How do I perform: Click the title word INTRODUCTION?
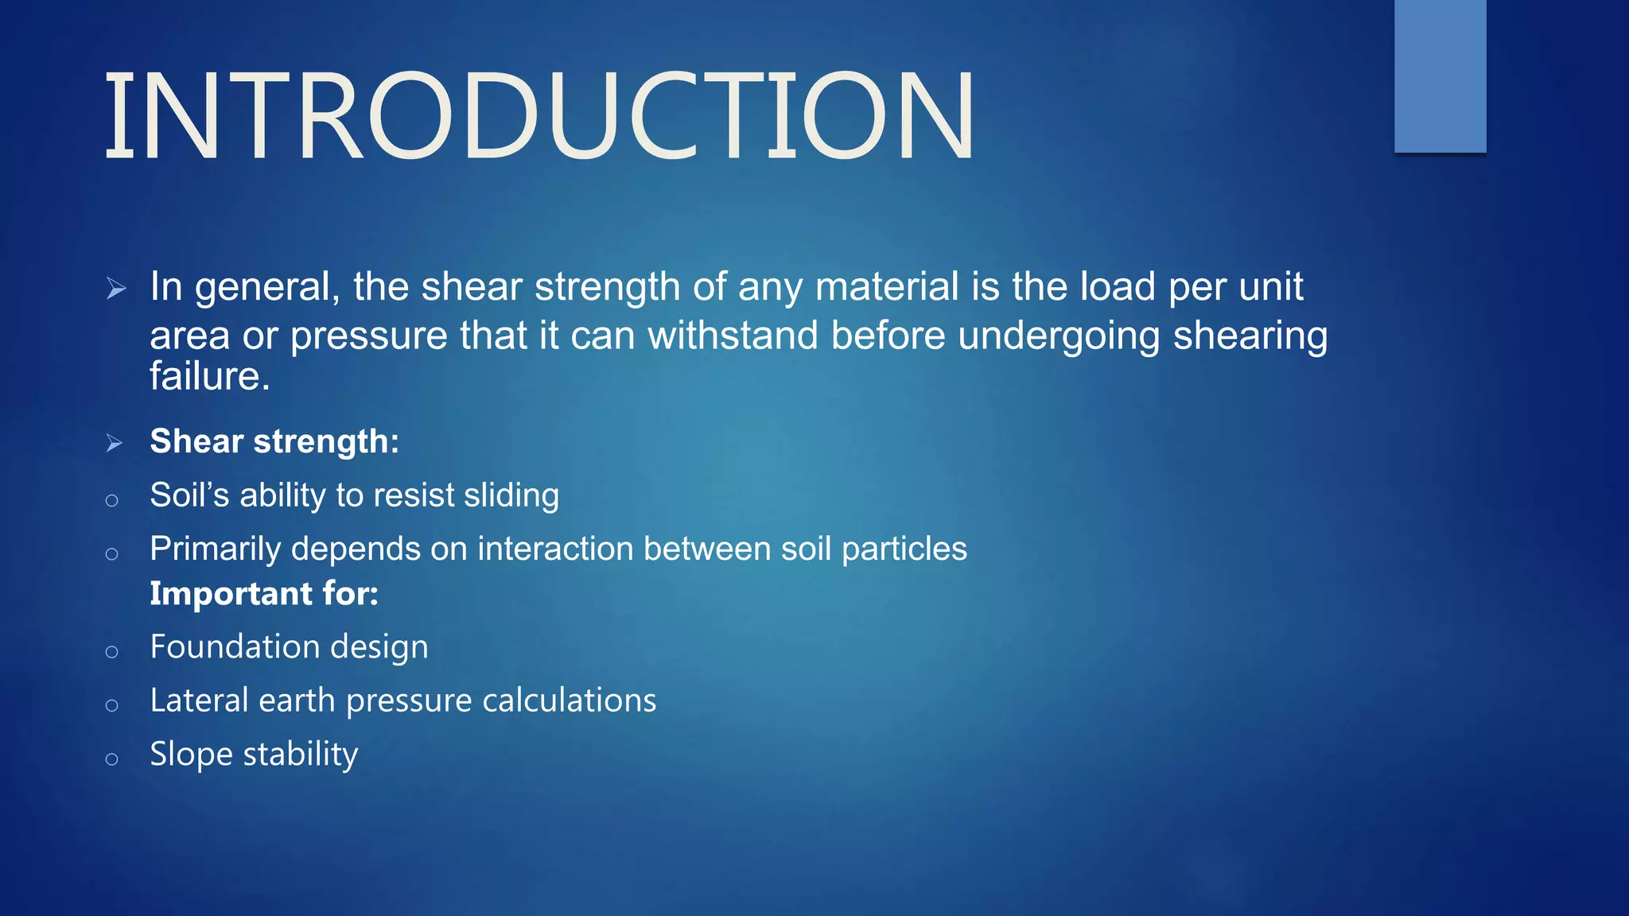[x=539, y=116]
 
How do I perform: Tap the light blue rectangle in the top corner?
[x=1440, y=76]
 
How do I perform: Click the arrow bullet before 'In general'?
[x=116, y=289]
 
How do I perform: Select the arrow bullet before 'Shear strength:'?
[x=115, y=443]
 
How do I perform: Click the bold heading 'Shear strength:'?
[x=274, y=441]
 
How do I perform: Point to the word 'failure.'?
[x=210, y=376]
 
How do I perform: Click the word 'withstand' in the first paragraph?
[x=733, y=335]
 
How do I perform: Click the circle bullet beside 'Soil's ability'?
[x=112, y=500]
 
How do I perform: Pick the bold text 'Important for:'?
[x=264, y=594]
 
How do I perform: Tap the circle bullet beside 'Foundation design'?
[x=112, y=652]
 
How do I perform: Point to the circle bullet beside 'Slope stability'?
[x=112, y=759]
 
